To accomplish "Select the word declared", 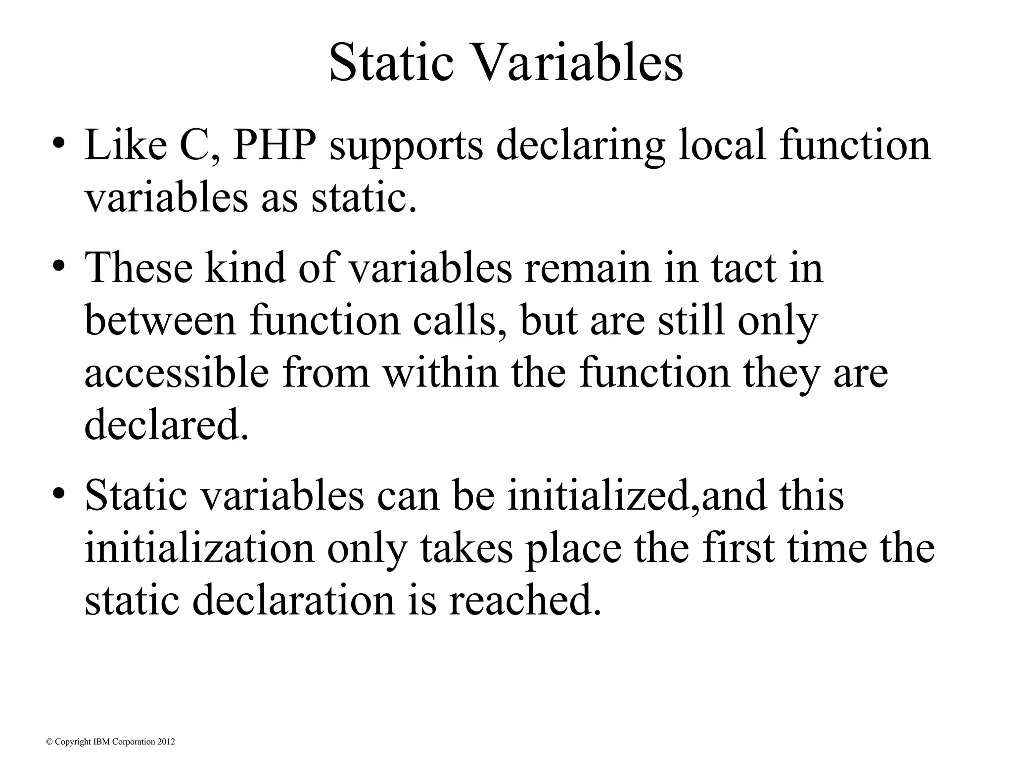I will tap(166, 425).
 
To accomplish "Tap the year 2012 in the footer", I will tap(166, 741).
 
